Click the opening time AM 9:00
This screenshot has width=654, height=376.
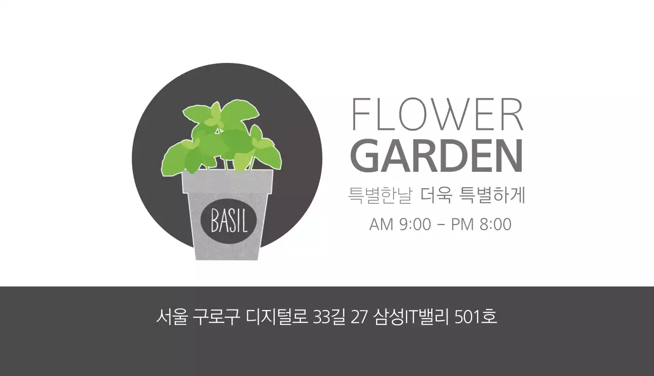400,224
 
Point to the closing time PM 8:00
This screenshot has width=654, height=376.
481,224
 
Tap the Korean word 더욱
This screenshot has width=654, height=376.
436,195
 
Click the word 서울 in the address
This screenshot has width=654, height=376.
171,317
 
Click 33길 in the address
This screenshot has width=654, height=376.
330,317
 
